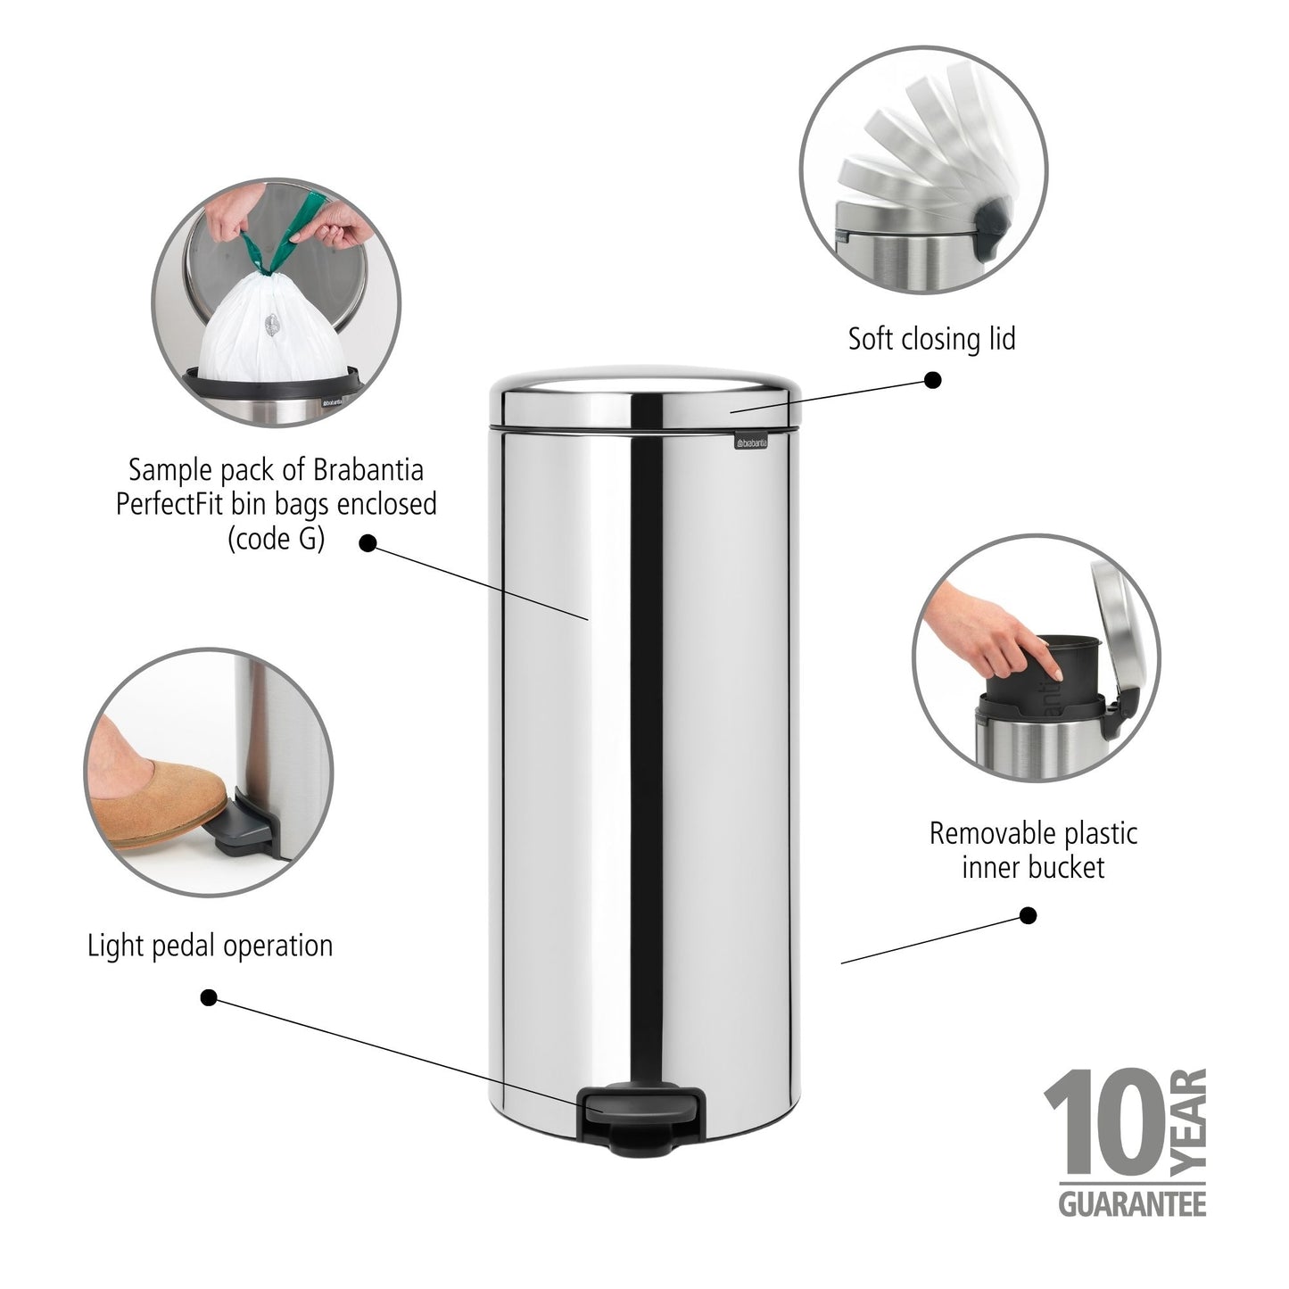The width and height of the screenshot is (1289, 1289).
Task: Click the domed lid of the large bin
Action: point(646,392)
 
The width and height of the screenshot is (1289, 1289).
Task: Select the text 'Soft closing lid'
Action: point(931,339)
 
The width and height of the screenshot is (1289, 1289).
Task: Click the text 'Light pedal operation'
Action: point(210,946)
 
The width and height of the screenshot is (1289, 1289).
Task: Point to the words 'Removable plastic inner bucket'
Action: point(1033,850)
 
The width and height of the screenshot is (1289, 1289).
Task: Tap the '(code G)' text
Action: point(277,539)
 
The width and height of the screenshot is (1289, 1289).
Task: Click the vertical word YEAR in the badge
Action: point(1190,1120)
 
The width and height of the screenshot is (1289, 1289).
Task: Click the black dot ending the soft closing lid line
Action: point(932,381)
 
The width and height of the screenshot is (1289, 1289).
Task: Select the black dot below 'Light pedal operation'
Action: point(209,997)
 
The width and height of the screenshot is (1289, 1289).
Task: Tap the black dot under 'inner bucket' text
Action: point(1028,915)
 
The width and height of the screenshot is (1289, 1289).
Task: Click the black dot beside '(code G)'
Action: point(367,543)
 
